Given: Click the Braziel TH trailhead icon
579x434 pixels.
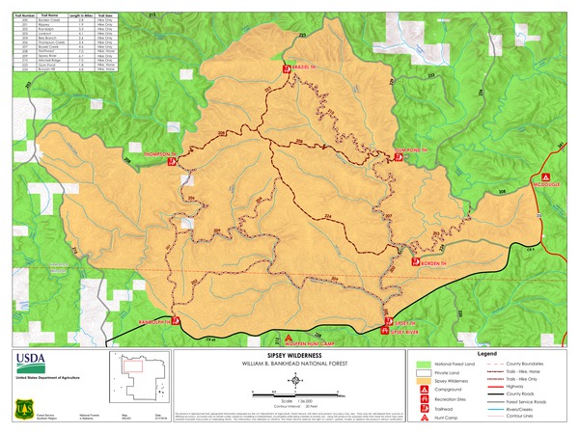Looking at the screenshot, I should point(287,70).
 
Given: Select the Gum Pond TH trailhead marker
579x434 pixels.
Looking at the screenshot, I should point(397,160).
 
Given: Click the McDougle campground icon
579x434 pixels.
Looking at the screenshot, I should point(546,177).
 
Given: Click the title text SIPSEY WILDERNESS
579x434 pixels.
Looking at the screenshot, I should point(289,355).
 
